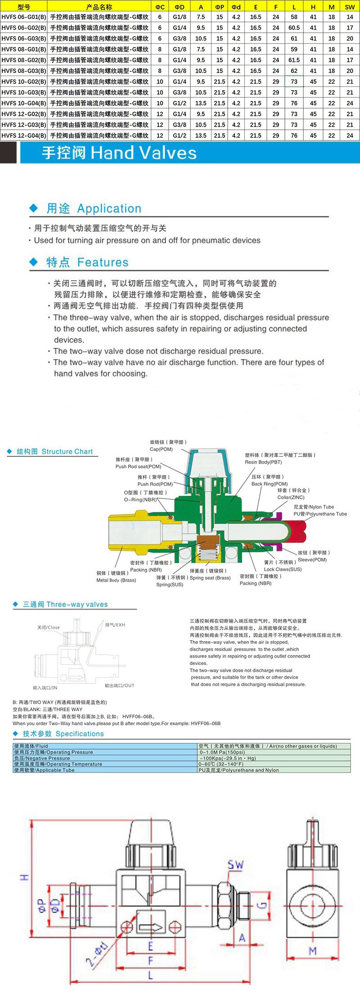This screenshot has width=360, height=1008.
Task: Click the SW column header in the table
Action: [x=350, y=7]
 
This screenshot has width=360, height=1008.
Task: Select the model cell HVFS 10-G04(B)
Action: [x=23, y=103]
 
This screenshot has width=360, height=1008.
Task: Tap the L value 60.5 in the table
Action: [x=294, y=27]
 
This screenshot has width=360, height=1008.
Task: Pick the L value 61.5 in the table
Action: [x=294, y=60]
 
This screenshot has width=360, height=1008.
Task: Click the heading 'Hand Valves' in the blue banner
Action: [x=144, y=153]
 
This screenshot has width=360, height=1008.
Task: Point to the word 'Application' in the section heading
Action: [x=109, y=208]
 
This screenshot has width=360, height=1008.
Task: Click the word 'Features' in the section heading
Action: [x=103, y=262]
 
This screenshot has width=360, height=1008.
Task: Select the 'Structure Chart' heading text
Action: [x=67, y=452]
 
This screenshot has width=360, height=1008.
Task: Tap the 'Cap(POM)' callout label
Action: [x=161, y=449]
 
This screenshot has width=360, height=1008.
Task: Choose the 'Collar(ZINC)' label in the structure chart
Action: [x=291, y=497]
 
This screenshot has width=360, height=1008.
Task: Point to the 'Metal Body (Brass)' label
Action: [x=116, y=580]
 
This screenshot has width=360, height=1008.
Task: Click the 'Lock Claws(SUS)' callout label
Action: [x=283, y=569]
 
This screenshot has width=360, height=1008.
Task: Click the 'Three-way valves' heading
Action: [x=77, y=605]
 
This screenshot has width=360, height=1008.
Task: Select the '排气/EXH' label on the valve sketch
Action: [x=115, y=625]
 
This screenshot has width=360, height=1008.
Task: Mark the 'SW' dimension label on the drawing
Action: [x=235, y=864]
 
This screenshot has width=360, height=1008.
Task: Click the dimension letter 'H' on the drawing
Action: [x=24, y=877]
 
